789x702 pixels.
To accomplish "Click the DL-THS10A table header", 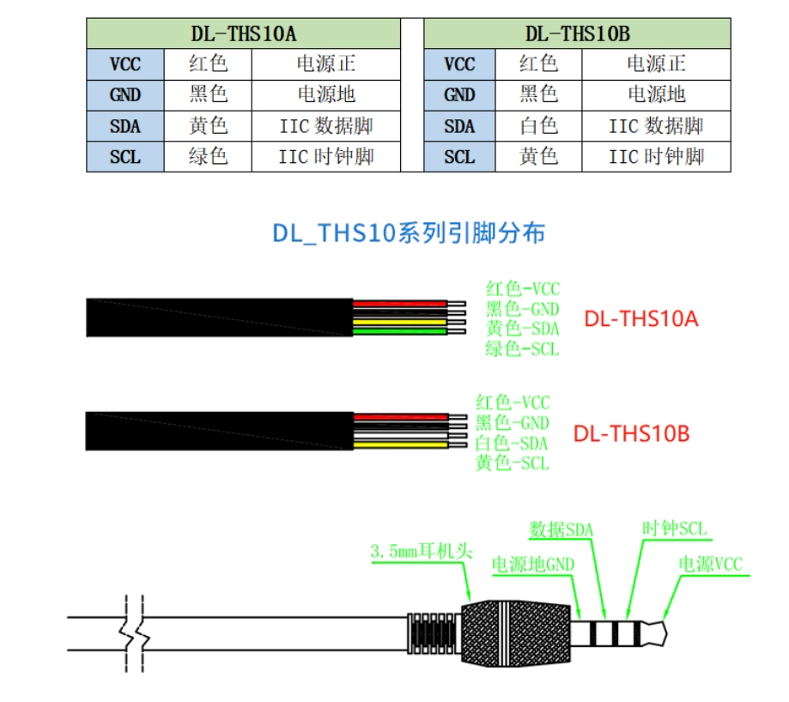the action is click(x=244, y=33).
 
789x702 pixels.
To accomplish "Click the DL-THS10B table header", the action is click(x=577, y=33).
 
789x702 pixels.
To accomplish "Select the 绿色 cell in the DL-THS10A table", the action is click(x=208, y=156).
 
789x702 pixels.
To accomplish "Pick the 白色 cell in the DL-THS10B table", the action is click(x=538, y=125).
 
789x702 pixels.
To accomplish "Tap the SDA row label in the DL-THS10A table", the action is click(x=125, y=125).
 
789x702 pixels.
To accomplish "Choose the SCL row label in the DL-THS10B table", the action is click(x=459, y=157).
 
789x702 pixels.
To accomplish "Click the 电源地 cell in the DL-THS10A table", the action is click(x=326, y=94).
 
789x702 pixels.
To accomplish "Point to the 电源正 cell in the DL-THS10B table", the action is click(x=656, y=64).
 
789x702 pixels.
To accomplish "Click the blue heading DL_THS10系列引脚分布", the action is click(x=409, y=233).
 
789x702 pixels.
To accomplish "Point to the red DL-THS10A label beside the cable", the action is click(x=641, y=318).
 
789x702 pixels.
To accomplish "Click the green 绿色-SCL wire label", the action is click(x=522, y=348).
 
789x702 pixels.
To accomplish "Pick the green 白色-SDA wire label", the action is click(x=511, y=443).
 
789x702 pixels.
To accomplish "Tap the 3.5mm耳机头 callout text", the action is click(x=422, y=551).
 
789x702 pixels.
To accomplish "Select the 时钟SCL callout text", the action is click(x=674, y=529).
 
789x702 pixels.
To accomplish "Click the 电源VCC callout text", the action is click(x=711, y=564).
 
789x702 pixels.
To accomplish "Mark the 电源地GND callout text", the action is click(x=533, y=564).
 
